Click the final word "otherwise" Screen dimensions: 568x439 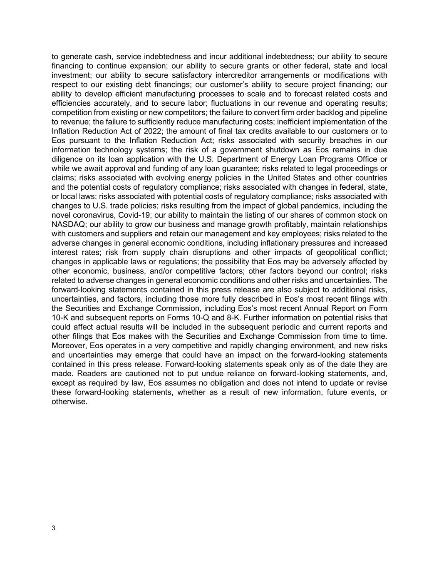click(69, 402)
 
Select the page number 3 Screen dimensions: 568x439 click(53, 528)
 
